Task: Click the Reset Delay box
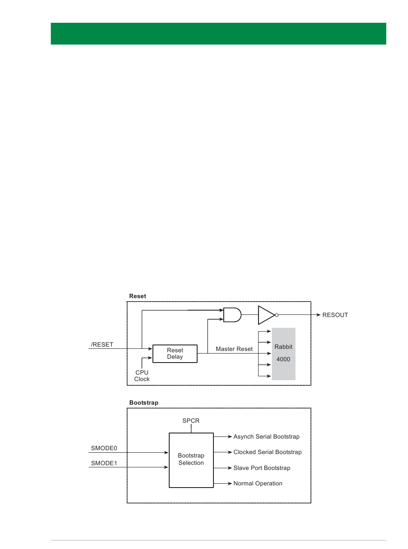(x=175, y=354)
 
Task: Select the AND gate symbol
(x=232, y=315)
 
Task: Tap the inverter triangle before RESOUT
(x=267, y=315)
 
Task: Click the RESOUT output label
(x=335, y=315)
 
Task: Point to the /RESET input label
(x=102, y=345)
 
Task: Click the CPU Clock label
(x=142, y=376)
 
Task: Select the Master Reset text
(x=234, y=349)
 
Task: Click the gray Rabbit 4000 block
(x=283, y=354)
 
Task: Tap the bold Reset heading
(x=138, y=296)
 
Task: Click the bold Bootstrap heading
(x=144, y=403)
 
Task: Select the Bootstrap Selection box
(x=191, y=460)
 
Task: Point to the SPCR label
(x=191, y=421)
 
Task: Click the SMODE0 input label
(x=104, y=448)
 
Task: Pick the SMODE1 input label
(x=104, y=463)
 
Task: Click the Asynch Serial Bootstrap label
(x=266, y=436)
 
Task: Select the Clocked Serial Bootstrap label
(x=268, y=452)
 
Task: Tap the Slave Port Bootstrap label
(x=262, y=468)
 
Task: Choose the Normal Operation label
(x=258, y=483)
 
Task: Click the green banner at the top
(x=218, y=34)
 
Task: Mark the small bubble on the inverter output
(x=277, y=315)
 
